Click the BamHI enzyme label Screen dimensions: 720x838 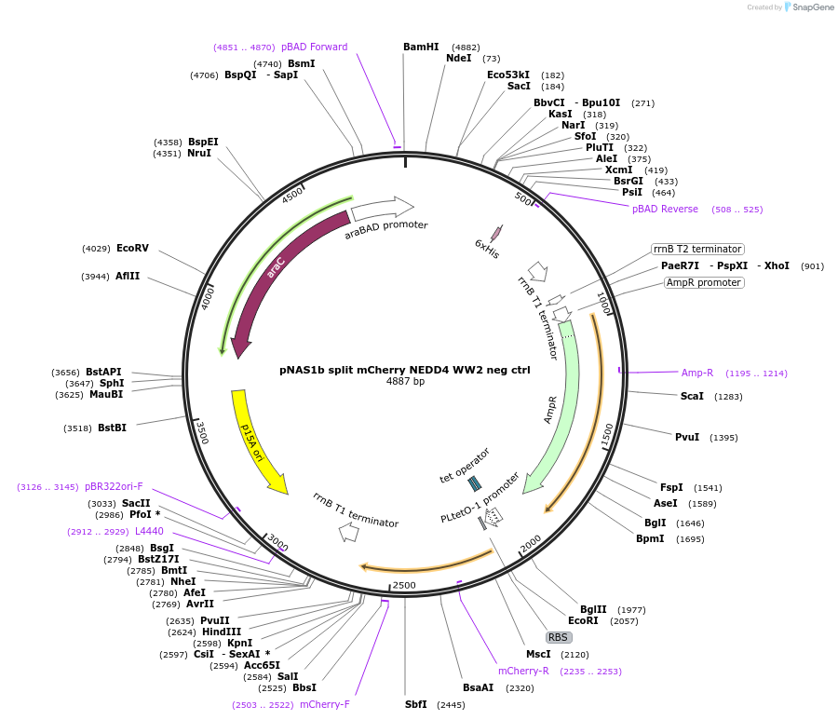coord(421,47)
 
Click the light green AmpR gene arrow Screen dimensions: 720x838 coord(560,410)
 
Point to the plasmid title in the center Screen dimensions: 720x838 coord(405,370)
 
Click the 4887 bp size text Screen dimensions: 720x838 coord(405,382)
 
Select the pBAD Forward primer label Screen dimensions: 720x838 coord(315,47)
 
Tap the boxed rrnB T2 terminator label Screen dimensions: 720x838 coord(697,249)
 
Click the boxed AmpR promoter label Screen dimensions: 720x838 coord(704,282)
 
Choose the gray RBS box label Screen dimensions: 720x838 coord(558,637)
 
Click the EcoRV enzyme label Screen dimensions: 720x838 coord(132,248)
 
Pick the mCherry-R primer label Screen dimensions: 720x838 coord(523,671)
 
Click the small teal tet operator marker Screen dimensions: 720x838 coord(474,482)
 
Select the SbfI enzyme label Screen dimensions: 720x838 coord(415,704)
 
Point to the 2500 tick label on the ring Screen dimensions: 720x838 coord(404,585)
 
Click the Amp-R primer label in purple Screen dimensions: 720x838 coord(697,373)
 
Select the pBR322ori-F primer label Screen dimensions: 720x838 coord(114,486)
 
